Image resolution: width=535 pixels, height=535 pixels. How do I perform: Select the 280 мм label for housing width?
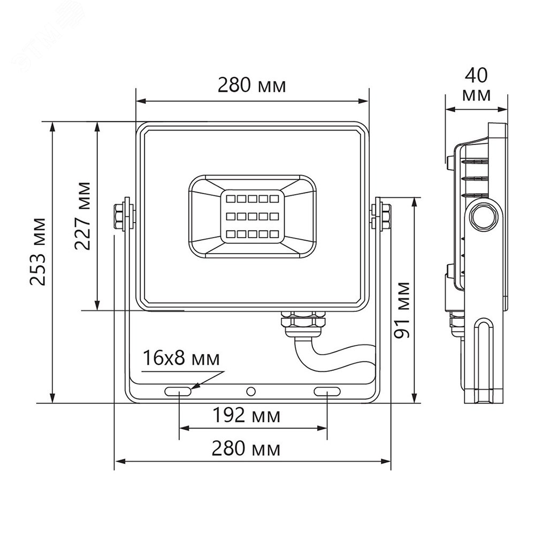[x=251, y=85]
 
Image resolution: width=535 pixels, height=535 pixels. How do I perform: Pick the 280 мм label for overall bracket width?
[x=246, y=448]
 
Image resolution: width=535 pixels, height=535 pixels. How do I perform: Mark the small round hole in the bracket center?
[x=250, y=391]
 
